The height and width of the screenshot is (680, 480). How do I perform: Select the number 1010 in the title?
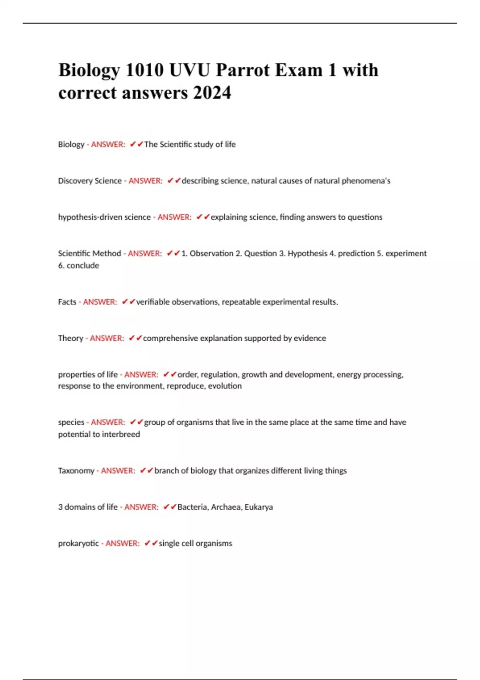point(144,70)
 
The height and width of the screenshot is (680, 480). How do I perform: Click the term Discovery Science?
point(90,181)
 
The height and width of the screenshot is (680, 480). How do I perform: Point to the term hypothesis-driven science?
point(104,217)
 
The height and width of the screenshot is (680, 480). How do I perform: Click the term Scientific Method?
point(89,254)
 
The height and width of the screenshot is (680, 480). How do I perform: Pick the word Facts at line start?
point(67,302)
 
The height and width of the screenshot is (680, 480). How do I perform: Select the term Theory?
point(70,338)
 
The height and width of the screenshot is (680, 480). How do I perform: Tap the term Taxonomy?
point(76,471)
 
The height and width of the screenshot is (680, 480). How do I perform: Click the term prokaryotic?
point(78,544)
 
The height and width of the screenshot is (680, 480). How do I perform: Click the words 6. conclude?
point(78,266)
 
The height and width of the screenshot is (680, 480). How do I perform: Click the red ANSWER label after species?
point(108,422)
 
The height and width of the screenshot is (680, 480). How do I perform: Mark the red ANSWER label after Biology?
point(108,144)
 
